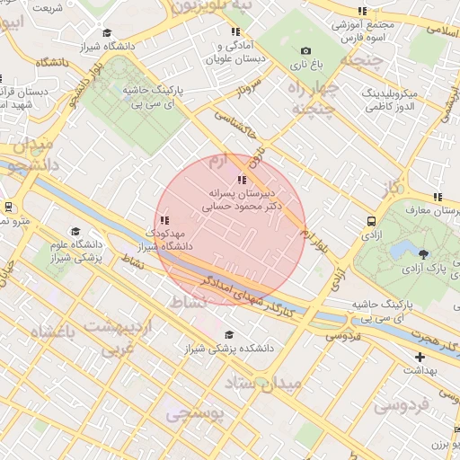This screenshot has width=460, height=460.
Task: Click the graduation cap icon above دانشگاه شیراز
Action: click(107, 33)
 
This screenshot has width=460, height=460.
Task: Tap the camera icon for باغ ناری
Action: click(305, 51)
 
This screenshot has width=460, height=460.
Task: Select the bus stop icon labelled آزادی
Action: click(371, 221)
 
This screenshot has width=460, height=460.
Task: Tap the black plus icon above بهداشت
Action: click(420, 357)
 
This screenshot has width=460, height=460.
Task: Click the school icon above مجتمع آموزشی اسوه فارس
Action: click(361, 12)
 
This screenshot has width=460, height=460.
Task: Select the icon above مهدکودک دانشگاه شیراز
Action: click(163, 220)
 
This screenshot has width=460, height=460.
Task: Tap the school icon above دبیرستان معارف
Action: click(438, 197)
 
